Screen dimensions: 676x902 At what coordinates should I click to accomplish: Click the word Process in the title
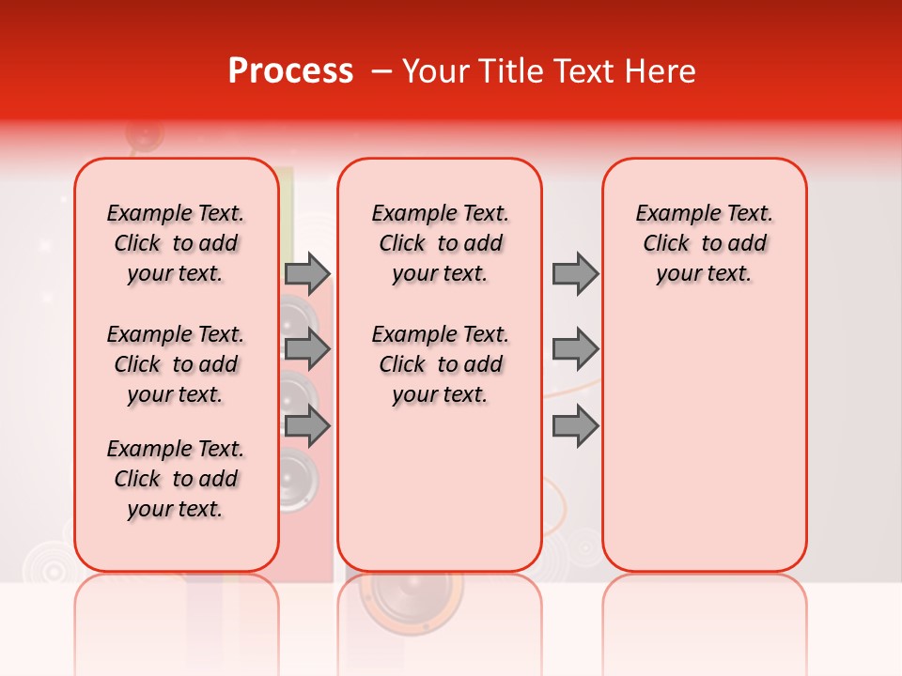pos(290,71)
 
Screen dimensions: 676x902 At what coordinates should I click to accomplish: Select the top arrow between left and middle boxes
pos(307,273)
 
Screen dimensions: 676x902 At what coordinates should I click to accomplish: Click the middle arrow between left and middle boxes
pos(307,349)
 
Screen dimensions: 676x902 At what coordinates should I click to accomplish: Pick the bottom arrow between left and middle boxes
pos(307,426)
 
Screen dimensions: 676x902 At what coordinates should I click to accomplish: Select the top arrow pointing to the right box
pos(575,273)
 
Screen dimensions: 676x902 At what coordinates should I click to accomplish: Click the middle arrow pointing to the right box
pos(575,349)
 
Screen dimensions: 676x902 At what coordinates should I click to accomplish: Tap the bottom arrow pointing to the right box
pos(575,426)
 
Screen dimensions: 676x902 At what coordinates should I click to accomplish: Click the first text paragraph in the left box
pos(176,243)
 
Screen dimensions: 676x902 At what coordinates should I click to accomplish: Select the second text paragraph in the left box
pos(176,364)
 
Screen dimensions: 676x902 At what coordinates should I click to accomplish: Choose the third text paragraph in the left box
pos(176,479)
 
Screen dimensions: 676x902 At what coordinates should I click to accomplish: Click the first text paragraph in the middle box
pos(440,243)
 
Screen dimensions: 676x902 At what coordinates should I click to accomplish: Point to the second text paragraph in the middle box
pos(440,364)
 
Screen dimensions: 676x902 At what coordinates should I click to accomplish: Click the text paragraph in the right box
pos(704,243)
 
